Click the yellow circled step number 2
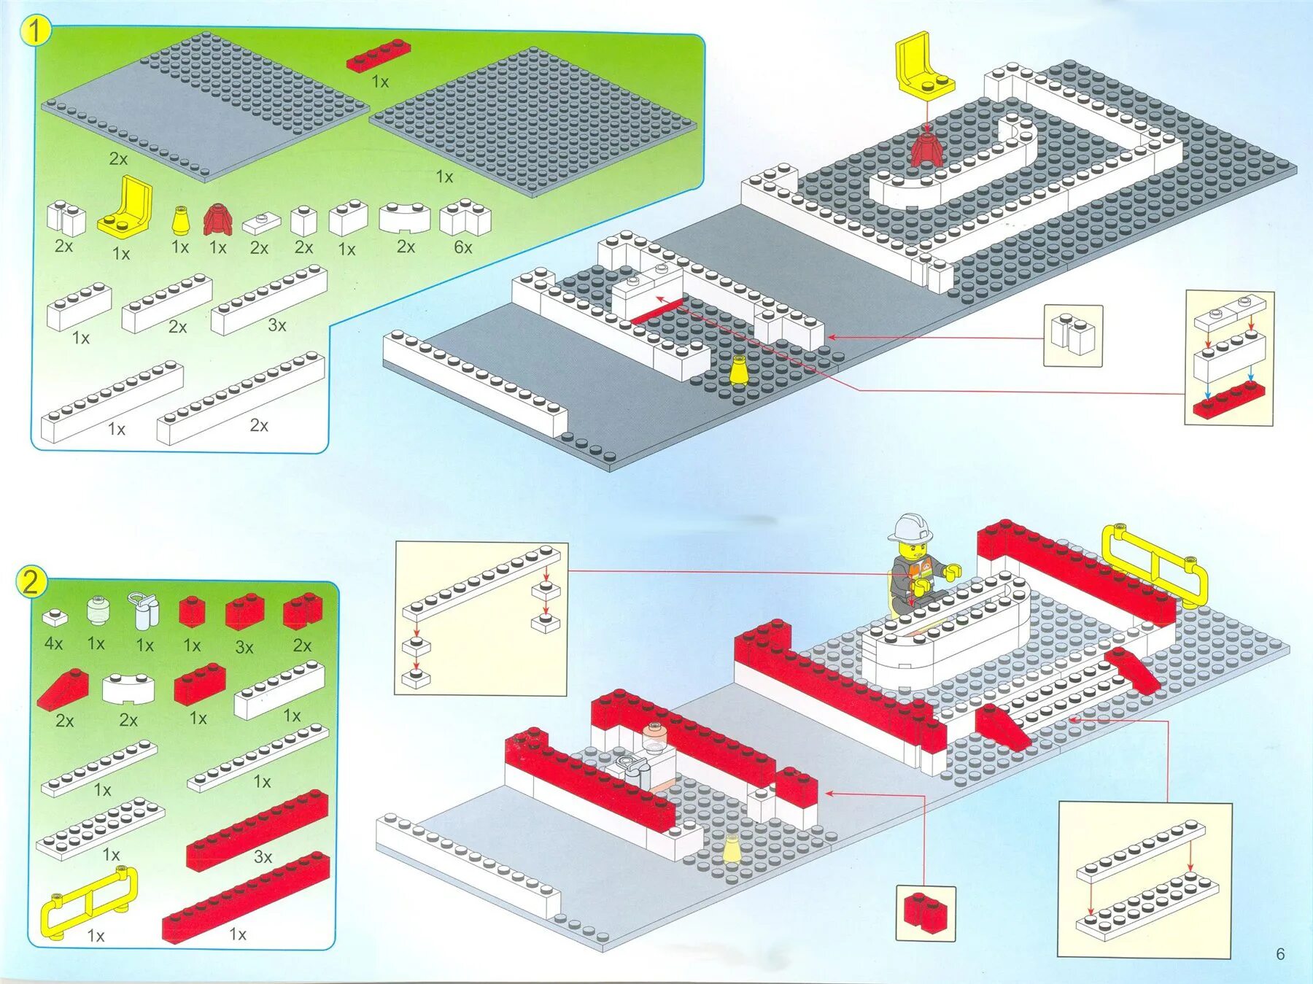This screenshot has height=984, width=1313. point(31,582)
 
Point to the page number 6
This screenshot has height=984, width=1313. point(1280,954)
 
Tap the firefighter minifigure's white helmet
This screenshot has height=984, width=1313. point(910,527)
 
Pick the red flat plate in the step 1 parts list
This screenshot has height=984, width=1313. point(378,55)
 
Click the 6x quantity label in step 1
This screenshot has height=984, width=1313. point(463,247)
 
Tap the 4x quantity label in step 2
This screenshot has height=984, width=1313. point(53,643)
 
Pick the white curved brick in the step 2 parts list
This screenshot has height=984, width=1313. point(128,688)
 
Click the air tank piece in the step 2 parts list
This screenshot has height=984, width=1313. point(145,610)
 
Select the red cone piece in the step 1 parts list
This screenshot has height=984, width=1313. point(217,219)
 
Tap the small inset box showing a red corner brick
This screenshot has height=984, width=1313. point(925,913)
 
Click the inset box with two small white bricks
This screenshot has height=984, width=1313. point(1073,336)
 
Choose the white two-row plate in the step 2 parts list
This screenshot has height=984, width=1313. point(101,829)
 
